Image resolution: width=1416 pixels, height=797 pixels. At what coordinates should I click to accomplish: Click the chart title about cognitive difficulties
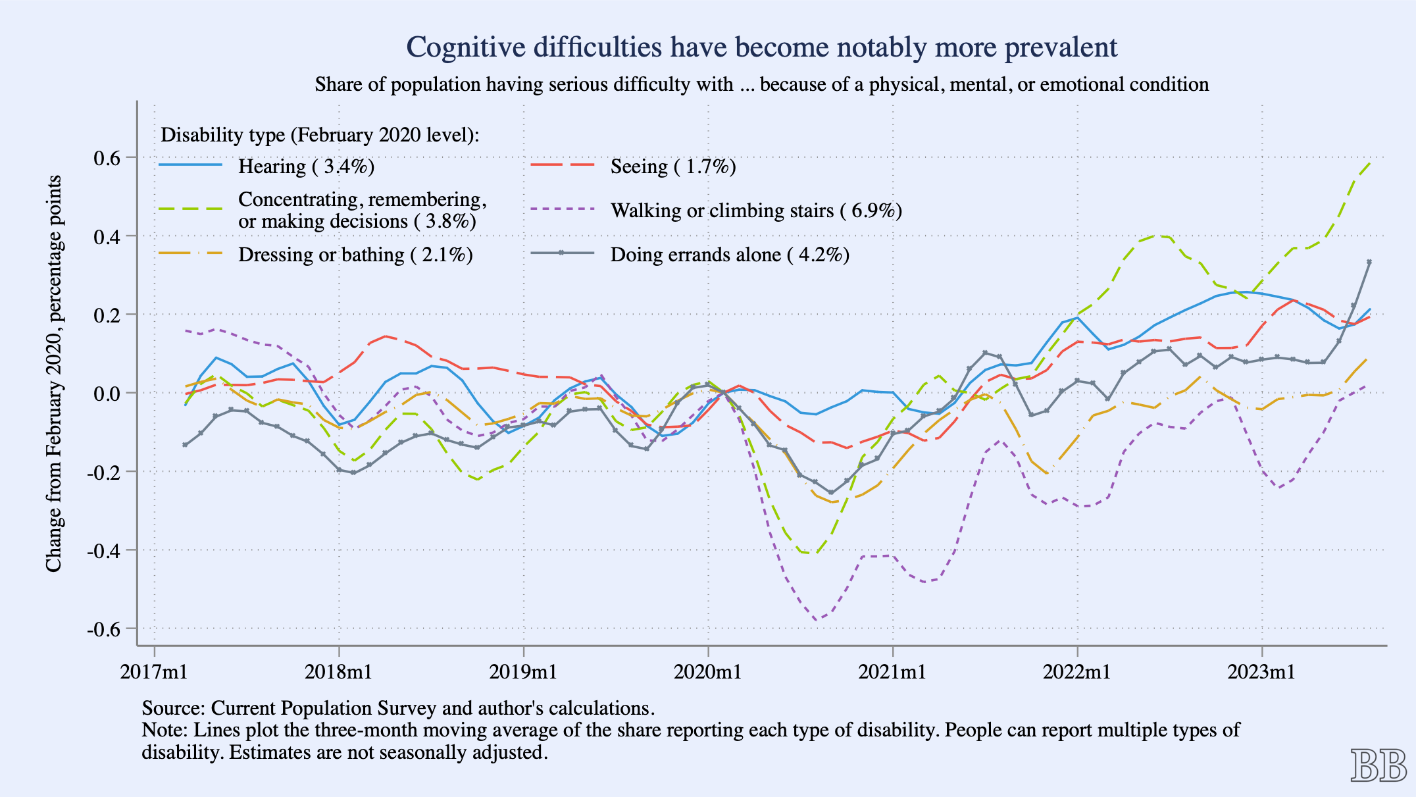[x=761, y=47]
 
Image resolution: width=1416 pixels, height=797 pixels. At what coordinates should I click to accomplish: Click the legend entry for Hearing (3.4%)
[x=306, y=167]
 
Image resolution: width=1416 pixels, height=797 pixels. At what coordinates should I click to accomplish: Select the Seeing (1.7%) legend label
[x=672, y=167]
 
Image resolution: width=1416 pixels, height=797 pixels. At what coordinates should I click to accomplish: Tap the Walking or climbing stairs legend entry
[x=755, y=211]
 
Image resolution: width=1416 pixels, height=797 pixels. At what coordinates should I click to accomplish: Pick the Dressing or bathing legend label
[x=355, y=255]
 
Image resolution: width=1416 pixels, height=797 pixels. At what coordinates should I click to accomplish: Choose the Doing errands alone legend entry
[x=729, y=255]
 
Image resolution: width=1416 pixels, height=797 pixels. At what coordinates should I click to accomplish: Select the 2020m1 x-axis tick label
[x=708, y=672]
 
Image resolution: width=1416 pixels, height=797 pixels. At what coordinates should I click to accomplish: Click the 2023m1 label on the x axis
[x=1261, y=672]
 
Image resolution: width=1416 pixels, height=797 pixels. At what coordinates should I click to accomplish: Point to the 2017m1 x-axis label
[x=154, y=672]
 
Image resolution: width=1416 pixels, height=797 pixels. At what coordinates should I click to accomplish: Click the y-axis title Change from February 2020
[x=54, y=373]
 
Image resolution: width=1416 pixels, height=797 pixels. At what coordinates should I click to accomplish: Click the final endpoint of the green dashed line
[x=1370, y=162]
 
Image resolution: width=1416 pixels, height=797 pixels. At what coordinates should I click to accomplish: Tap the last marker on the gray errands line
[x=1369, y=262]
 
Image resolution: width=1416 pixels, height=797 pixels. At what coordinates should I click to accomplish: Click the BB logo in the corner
[x=1378, y=766]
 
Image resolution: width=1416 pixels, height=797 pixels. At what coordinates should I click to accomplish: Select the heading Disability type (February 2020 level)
[x=320, y=135]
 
